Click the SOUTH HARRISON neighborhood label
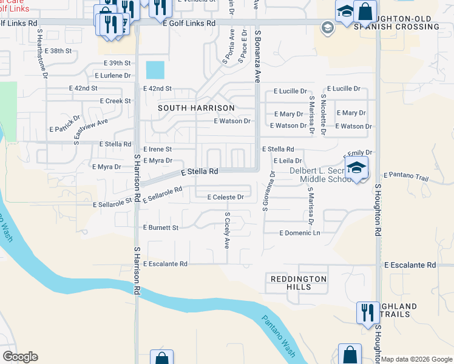click(196, 108)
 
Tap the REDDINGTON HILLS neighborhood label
click(299, 283)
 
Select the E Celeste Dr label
click(225, 197)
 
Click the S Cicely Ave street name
click(227, 231)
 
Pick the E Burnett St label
click(160, 227)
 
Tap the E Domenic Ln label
click(299, 233)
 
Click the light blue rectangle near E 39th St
click(155, 70)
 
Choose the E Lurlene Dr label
click(113, 76)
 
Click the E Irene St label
click(157, 149)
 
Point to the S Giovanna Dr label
click(265, 191)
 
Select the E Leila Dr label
click(288, 161)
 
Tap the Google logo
click(20, 357)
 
